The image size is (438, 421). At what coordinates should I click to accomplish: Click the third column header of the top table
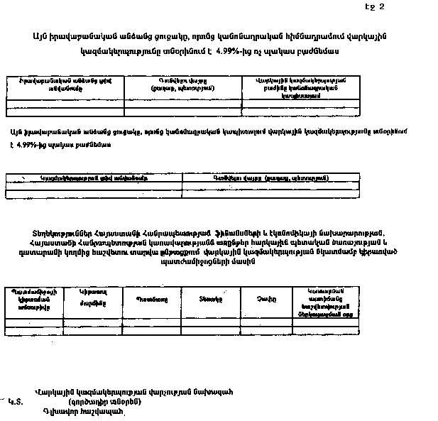pos(300,87)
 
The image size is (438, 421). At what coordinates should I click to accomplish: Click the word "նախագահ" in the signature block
pos(212,391)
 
